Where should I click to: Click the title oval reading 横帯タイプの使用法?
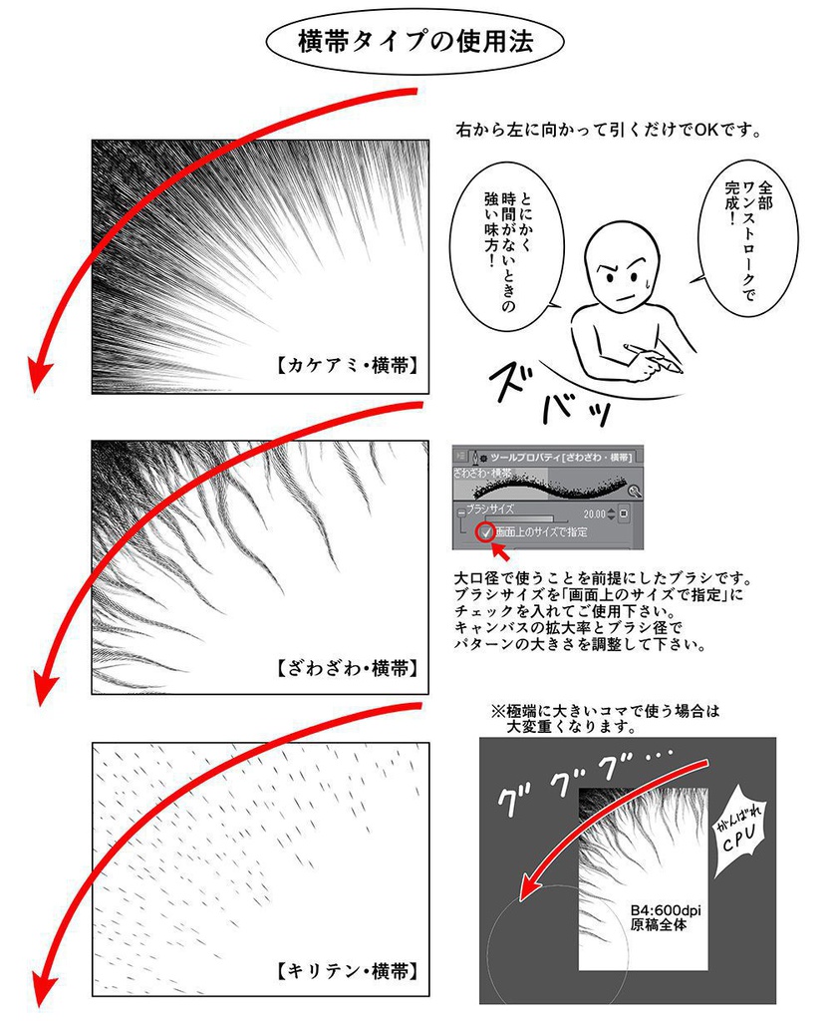(415, 42)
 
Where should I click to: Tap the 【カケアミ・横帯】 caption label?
(345, 366)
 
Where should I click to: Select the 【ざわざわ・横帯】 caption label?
(345, 666)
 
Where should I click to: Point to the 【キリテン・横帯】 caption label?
(345, 969)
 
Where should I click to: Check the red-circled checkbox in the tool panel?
(485, 532)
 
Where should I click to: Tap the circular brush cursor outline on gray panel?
(558, 947)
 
